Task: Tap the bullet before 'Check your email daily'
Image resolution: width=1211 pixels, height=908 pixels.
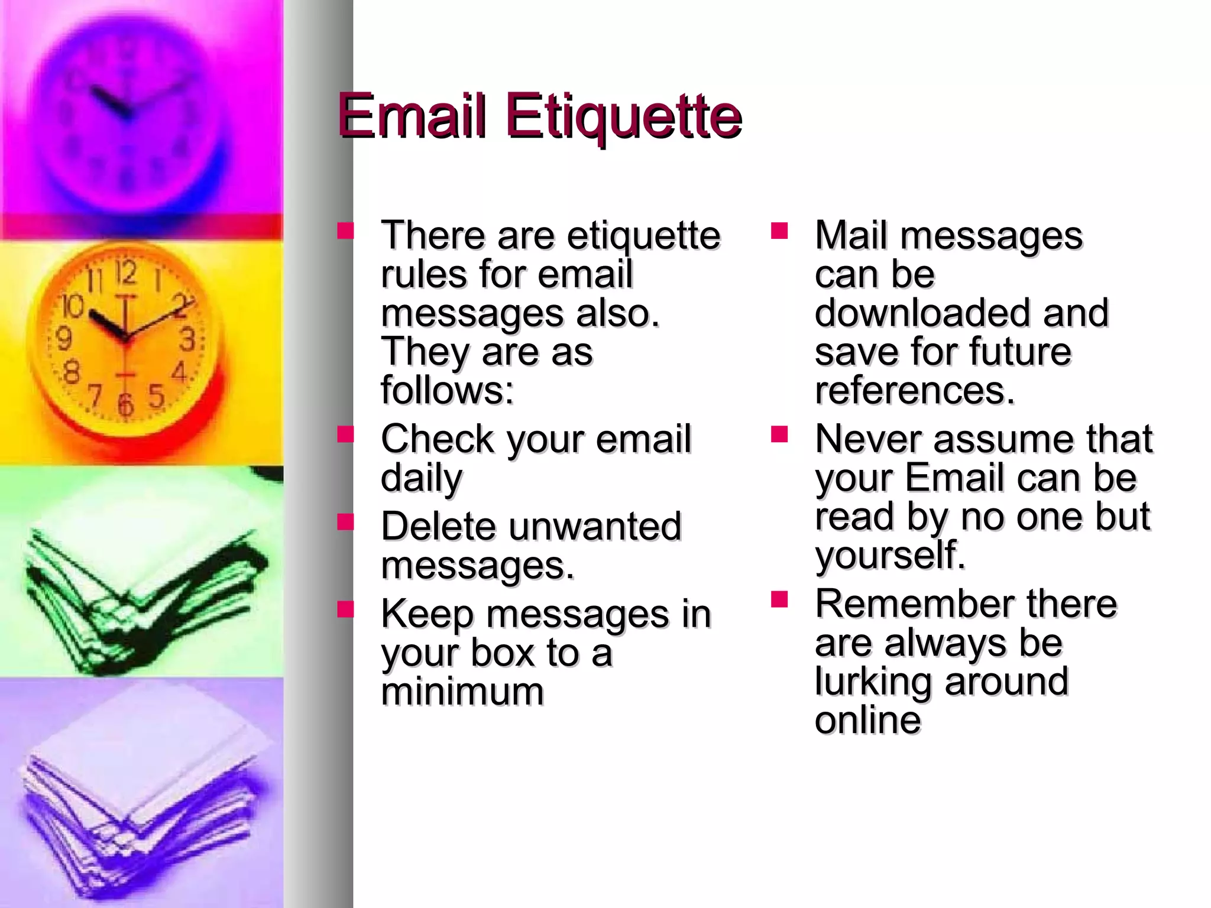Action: point(345,435)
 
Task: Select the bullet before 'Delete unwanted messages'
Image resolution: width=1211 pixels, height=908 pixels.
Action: point(345,522)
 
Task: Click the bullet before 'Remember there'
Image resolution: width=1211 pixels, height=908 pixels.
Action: point(779,599)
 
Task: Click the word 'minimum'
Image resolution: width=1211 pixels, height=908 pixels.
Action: point(462,691)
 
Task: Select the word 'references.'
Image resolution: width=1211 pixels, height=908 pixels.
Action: point(915,390)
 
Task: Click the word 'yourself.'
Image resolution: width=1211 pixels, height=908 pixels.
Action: point(890,555)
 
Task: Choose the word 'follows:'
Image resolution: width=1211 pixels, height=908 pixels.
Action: point(448,390)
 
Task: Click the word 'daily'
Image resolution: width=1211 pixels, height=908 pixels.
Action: point(422,478)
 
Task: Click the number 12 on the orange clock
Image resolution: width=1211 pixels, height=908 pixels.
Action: point(125,274)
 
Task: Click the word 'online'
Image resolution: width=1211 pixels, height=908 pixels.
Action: point(867,719)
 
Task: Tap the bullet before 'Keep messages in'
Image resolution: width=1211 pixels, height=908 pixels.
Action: point(345,609)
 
